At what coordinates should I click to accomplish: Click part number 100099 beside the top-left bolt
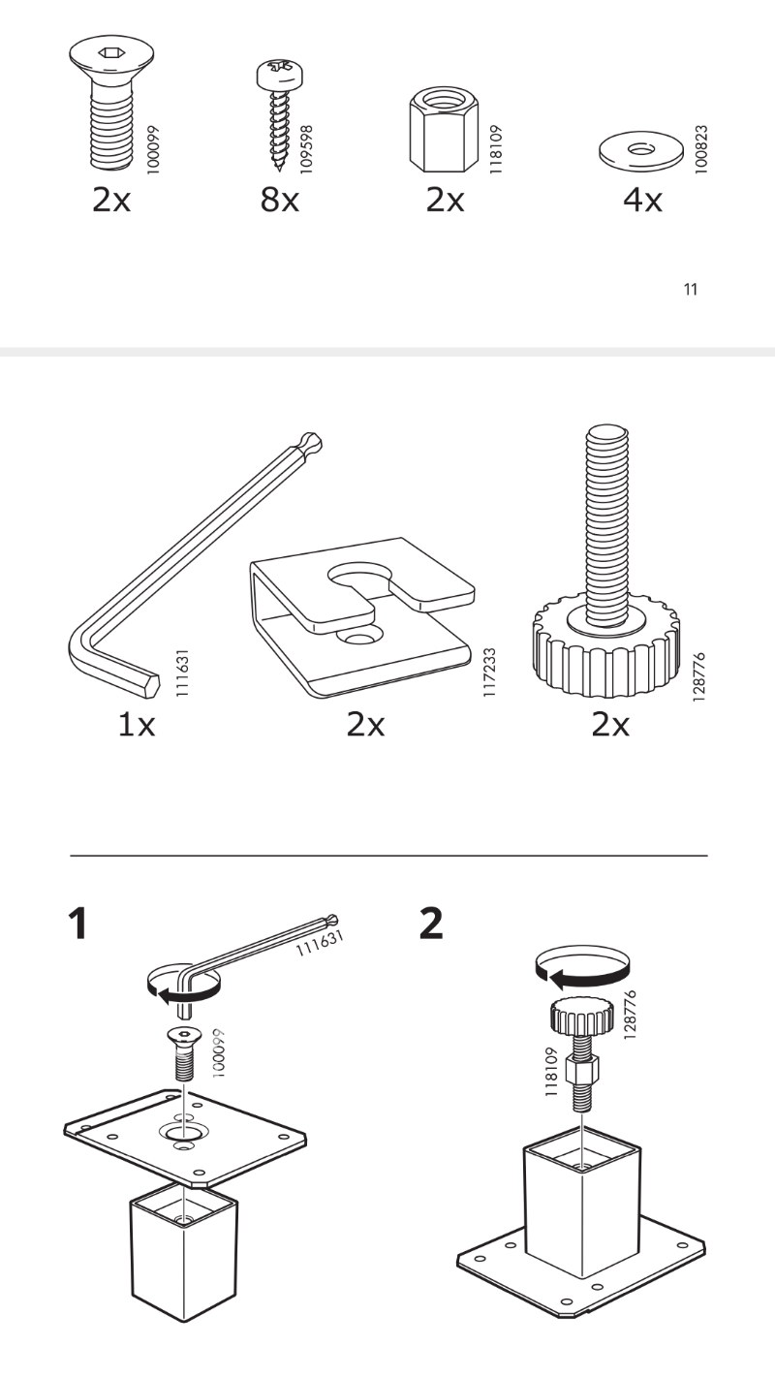[154, 149]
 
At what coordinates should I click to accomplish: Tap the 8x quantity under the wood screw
[280, 200]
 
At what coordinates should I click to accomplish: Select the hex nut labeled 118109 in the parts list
[444, 130]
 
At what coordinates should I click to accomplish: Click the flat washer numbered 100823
[641, 149]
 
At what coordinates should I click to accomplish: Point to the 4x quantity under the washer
[642, 200]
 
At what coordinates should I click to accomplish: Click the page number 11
[691, 289]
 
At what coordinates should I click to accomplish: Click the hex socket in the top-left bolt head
[111, 53]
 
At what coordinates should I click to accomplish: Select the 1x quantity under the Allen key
[137, 725]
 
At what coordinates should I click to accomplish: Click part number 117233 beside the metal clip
[489, 672]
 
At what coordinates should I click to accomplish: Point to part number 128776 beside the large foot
[698, 676]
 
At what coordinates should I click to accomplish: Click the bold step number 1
[77, 924]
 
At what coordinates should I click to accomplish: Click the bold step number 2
[431, 924]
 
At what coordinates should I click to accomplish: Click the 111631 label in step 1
[320, 942]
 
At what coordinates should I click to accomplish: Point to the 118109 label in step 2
[551, 1072]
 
